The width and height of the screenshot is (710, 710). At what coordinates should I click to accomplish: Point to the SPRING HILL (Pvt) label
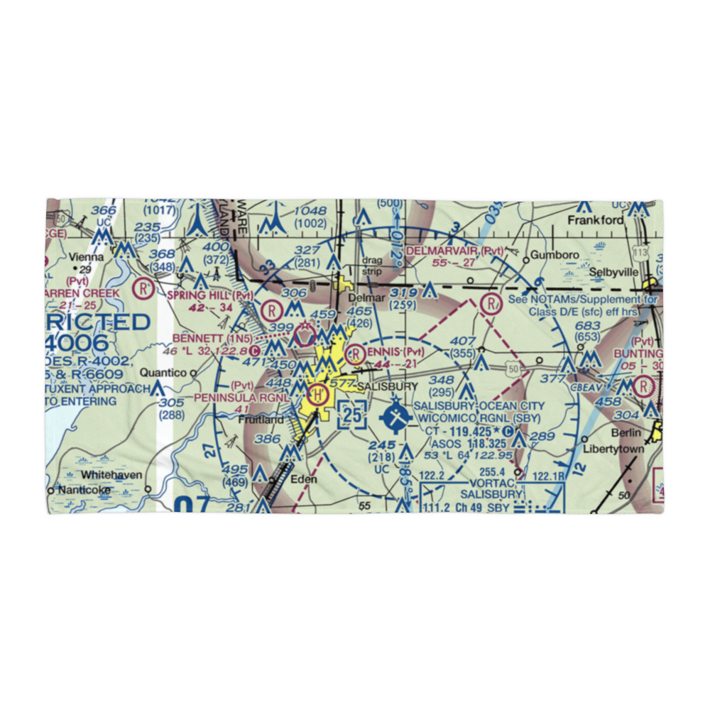tap(200, 295)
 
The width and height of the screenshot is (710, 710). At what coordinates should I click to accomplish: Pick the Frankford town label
tap(595, 220)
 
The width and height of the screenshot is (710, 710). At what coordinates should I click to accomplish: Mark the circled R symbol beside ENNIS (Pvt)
tap(354, 352)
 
